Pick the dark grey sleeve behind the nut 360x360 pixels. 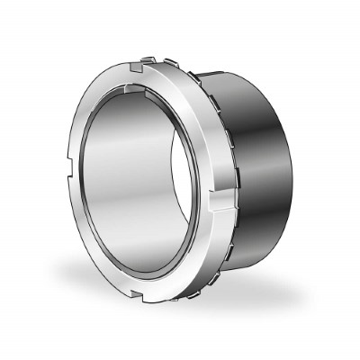coord(261,171)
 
